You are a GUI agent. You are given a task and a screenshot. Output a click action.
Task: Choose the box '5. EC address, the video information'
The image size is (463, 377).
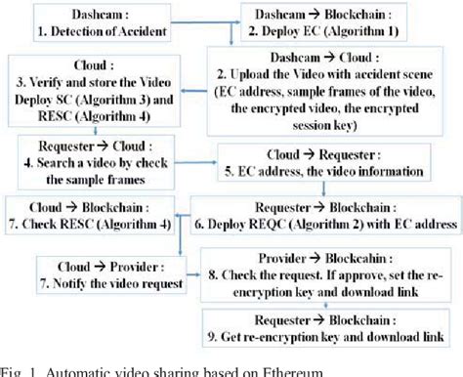coord(334,161)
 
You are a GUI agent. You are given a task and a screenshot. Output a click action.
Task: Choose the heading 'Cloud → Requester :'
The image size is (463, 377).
coord(334,153)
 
